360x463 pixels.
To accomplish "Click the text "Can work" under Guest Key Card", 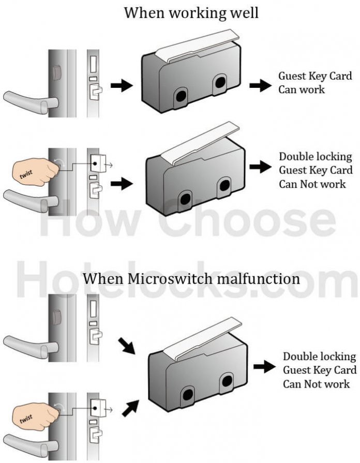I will [302, 89].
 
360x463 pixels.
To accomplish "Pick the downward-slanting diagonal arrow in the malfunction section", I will [126, 347].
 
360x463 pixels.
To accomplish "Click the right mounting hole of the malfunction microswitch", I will [227, 382].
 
